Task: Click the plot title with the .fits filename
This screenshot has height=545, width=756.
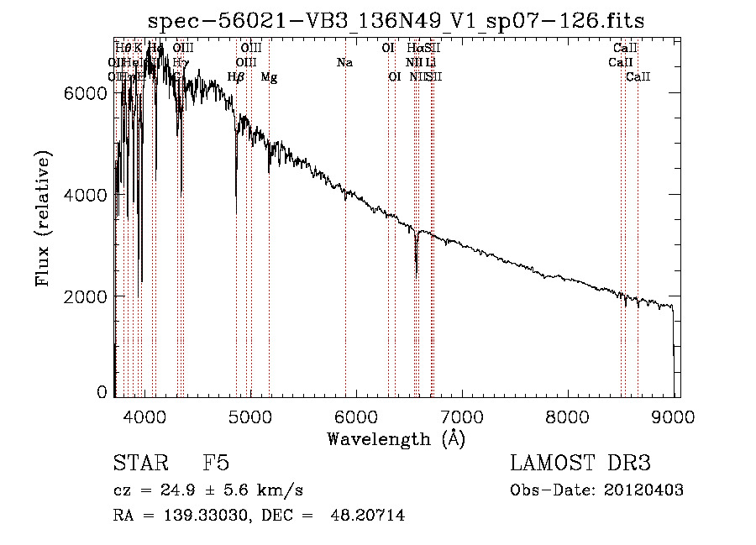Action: [396, 21]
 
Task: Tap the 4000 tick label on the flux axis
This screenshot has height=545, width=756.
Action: [85, 194]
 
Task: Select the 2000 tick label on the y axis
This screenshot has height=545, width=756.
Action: [85, 296]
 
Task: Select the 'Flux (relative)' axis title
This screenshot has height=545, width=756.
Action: [43, 218]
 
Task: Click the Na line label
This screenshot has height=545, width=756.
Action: [344, 62]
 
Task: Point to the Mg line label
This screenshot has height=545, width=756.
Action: [269, 77]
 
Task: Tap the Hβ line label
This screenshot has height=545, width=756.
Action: [236, 77]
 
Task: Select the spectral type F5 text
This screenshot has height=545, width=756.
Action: [216, 464]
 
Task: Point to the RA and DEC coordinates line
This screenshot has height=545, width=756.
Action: [258, 516]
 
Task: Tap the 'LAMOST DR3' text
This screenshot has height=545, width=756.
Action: [580, 464]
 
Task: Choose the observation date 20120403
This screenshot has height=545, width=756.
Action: [644, 490]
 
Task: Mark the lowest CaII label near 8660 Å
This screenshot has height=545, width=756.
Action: [638, 77]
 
